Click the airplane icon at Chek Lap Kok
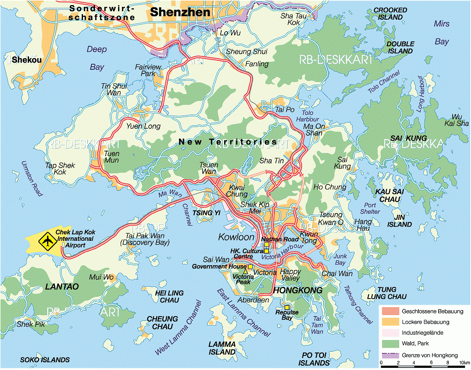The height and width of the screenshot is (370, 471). pyautogui.click(x=47, y=242)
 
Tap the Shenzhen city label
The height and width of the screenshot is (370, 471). pyautogui.click(x=180, y=12)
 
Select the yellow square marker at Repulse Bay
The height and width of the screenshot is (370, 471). pyautogui.click(x=287, y=308)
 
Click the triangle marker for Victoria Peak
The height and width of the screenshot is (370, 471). pyautogui.click(x=245, y=272)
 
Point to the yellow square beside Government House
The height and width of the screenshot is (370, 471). pyautogui.click(x=250, y=266)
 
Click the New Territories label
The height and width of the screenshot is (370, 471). pyautogui.click(x=228, y=142)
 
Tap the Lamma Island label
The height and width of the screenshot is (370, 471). pyautogui.click(x=222, y=348)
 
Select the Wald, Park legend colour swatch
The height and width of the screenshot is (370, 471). pyautogui.click(x=389, y=343)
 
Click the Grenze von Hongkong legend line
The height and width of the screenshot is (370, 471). pyautogui.click(x=389, y=355)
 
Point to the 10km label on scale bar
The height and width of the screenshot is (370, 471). pyautogui.click(x=464, y=364)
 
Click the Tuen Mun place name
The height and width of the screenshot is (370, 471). pyautogui.click(x=111, y=157)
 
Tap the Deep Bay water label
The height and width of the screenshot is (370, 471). pyautogui.click(x=97, y=58)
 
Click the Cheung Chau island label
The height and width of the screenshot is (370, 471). pyautogui.click(x=162, y=323)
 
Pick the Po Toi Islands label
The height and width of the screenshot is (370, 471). pyautogui.click(x=314, y=359)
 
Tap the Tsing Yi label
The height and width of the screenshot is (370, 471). pyautogui.click(x=203, y=213)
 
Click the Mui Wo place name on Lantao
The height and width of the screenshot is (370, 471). pyautogui.click(x=101, y=277)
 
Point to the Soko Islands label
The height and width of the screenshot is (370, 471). pyautogui.click(x=45, y=360)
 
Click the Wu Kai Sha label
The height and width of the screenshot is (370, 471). pyautogui.click(x=457, y=120)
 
